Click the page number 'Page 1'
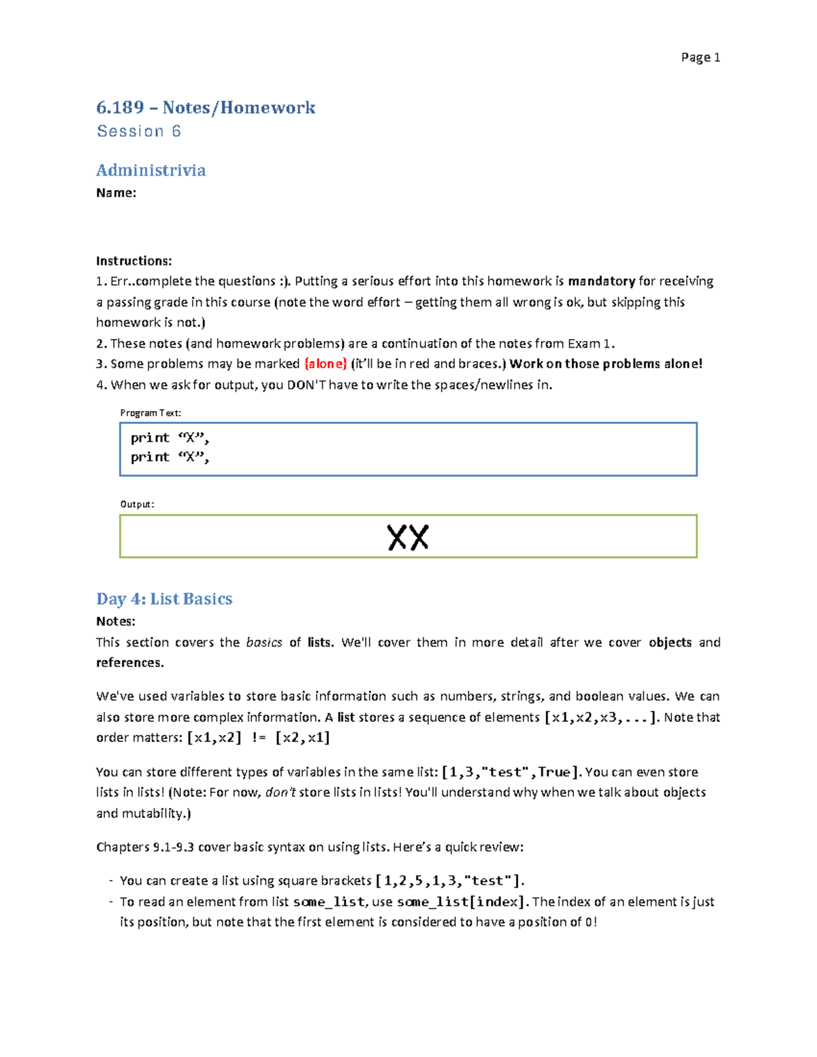coord(700,58)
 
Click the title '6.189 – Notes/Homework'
coord(206,108)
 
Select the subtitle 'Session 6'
coord(139,131)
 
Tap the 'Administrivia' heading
coord(150,170)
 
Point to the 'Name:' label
coord(116,193)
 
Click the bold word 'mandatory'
coord(601,282)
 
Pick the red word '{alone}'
coord(325,364)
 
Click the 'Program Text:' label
coord(150,413)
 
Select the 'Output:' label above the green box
coord(137,504)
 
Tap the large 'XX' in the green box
coord(408,538)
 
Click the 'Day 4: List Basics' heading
coord(164,599)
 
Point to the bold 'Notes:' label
coord(116,621)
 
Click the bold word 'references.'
coord(130,663)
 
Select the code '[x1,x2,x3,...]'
coord(602,717)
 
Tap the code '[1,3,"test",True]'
coord(511,773)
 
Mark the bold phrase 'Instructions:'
coord(133,261)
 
